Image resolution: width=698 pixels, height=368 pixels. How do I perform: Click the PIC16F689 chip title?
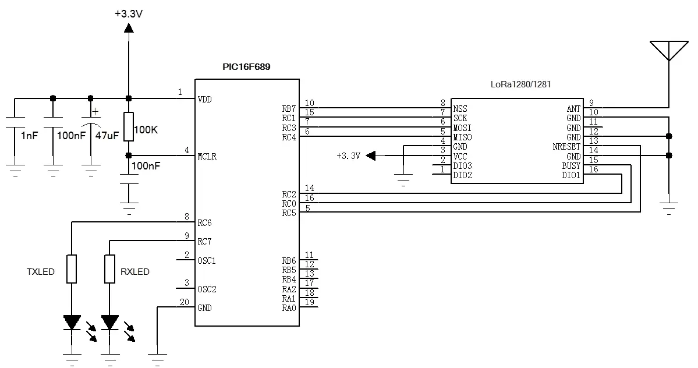[246, 67]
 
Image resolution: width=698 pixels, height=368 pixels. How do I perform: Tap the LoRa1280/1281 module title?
[521, 84]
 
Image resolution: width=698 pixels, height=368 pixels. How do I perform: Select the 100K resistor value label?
[146, 129]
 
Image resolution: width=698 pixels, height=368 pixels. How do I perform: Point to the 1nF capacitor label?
[30, 136]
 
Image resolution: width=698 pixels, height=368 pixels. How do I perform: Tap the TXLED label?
[41, 271]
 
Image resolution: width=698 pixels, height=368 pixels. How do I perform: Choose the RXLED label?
[135, 271]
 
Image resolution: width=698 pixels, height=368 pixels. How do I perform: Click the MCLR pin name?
[207, 156]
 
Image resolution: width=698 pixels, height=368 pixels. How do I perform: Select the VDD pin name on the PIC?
[204, 99]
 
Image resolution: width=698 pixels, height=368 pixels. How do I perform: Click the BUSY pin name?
[571, 166]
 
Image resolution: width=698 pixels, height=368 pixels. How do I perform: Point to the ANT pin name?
[573, 109]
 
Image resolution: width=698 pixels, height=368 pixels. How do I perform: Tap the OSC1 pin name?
[207, 260]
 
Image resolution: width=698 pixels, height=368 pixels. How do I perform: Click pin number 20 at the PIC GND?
[185, 302]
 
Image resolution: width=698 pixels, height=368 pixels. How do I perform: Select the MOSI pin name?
[462, 128]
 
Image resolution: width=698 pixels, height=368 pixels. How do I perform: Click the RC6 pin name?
[204, 223]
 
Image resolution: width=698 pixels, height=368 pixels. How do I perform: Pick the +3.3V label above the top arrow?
[129, 13]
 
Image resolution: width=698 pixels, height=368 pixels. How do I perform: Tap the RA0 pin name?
[289, 307]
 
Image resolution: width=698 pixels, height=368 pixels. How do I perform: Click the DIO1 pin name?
[571, 175]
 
